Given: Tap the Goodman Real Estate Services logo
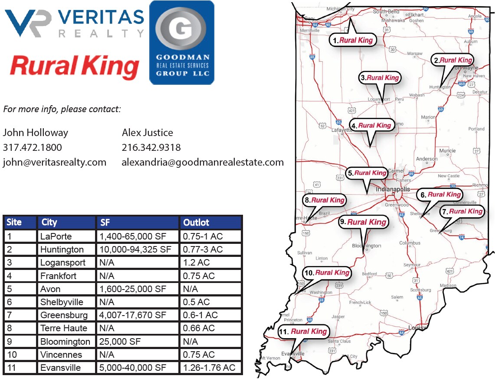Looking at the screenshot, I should click(x=182, y=42).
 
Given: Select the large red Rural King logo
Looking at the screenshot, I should click(x=74, y=67).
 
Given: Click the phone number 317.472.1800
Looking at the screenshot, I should click(x=33, y=147).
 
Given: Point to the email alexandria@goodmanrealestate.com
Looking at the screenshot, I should click(x=203, y=162).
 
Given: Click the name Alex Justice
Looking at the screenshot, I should click(x=148, y=133).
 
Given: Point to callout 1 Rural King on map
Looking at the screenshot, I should click(x=353, y=40).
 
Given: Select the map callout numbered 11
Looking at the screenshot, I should click(x=303, y=332).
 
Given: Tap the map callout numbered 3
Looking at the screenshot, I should click(x=380, y=78).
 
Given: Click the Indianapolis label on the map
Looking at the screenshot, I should click(x=393, y=190).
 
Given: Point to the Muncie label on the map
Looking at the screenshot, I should click(x=447, y=151).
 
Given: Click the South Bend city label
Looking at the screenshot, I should click(x=386, y=12).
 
